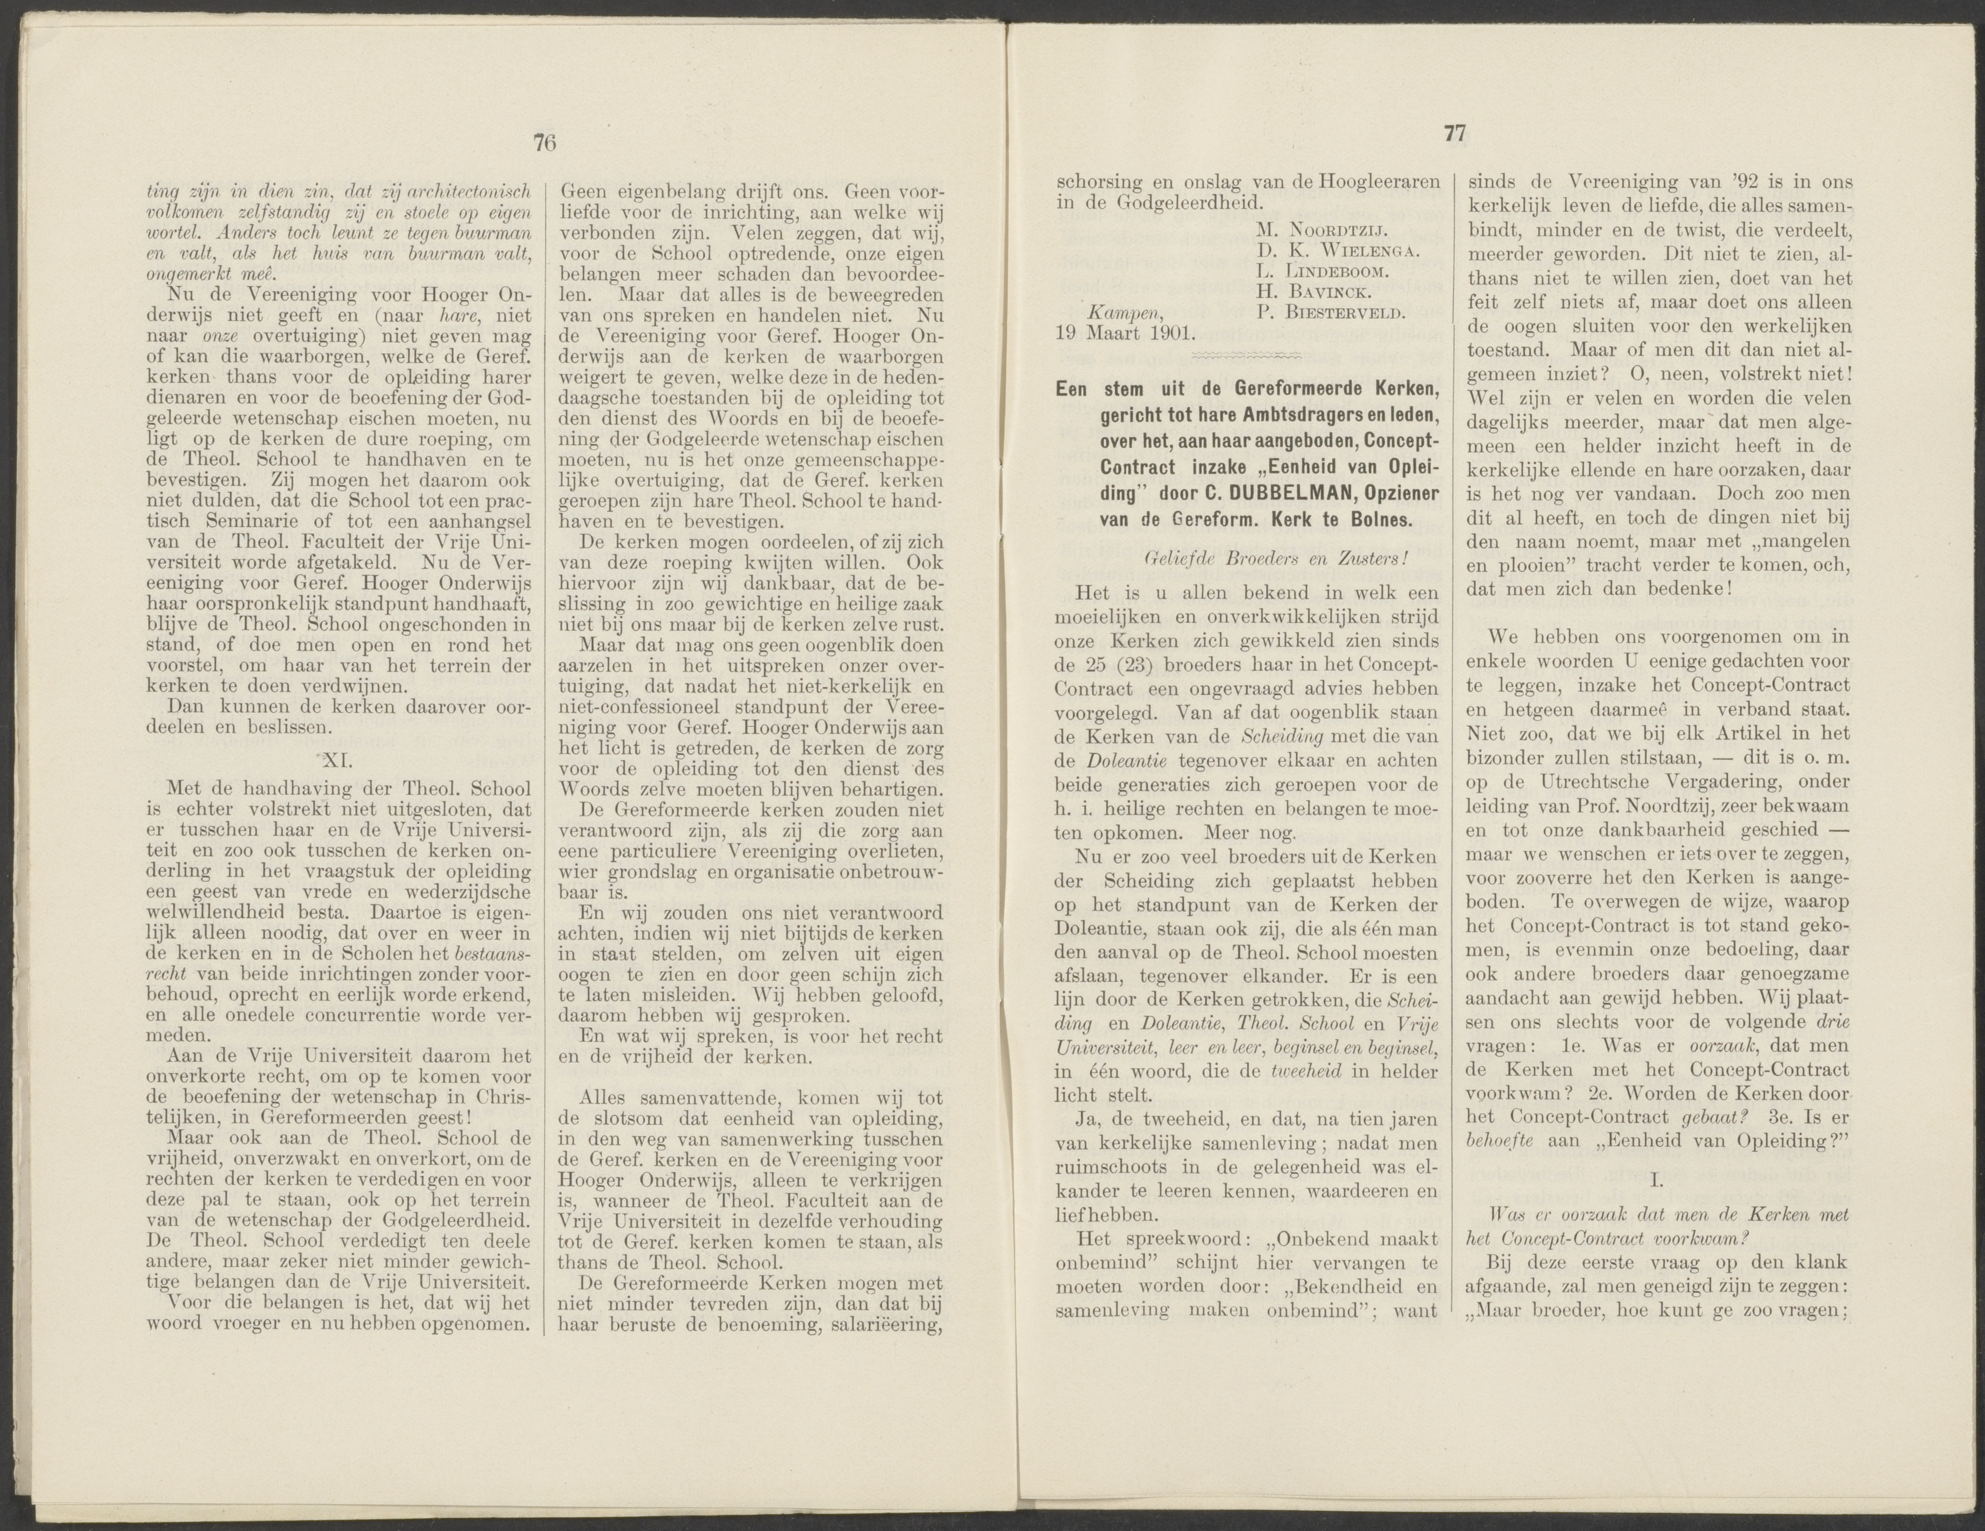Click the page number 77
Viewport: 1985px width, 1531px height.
[1455, 134]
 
